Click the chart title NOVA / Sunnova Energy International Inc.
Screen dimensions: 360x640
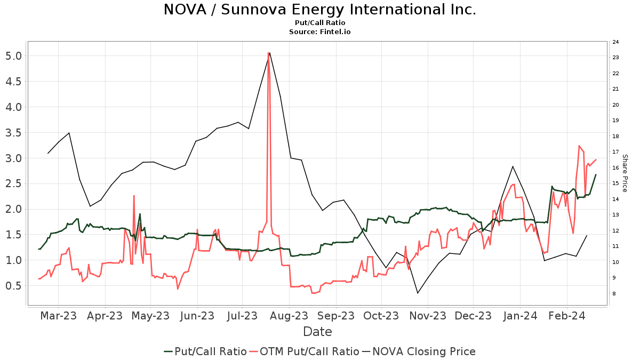click(319, 10)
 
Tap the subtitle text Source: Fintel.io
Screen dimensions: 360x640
click(319, 32)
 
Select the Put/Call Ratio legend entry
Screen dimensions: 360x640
click(205, 351)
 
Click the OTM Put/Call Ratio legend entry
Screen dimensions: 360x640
click(304, 351)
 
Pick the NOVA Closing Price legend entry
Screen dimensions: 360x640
click(419, 351)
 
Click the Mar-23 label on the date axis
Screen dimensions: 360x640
click(59, 316)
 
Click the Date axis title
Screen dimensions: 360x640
click(317, 332)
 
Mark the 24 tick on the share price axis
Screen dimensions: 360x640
click(615, 42)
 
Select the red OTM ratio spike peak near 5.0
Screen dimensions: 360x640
click(268, 53)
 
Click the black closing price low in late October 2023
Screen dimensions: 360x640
click(418, 293)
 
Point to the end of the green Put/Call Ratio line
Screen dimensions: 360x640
click(596, 175)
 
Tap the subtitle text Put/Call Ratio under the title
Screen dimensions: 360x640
click(319, 23)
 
